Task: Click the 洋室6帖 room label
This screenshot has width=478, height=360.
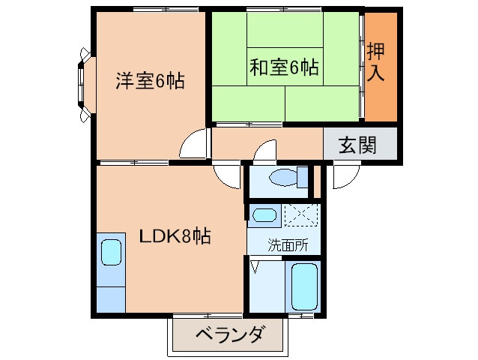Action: [x=150, y=80]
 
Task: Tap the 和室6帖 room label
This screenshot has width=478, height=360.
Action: [x=284, y=68]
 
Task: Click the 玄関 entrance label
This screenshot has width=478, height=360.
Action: [x=357, y=144]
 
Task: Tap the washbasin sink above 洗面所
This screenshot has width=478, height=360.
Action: [x=264, y=215]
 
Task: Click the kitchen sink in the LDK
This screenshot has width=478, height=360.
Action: [x=111, y=253]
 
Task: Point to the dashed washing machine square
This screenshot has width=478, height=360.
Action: [x=301, y=214]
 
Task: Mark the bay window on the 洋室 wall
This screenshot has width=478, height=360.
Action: [x=83, y=85]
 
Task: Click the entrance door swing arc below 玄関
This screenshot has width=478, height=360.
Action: [x=345, y=177]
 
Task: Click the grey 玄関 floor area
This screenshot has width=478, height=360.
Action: [x=360, y=143]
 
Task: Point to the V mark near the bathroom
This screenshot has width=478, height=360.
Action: [x=255, y=266]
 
